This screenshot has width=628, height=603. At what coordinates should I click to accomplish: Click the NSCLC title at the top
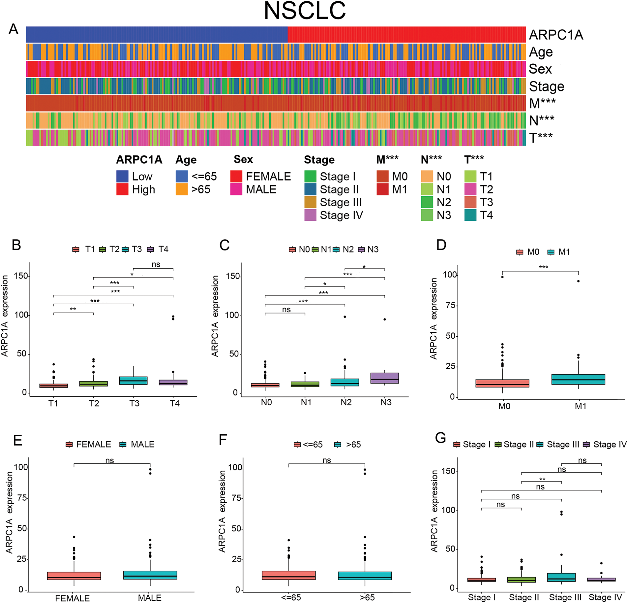click(305, 11)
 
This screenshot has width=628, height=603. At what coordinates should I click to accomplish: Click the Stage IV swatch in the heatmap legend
click(310, 215)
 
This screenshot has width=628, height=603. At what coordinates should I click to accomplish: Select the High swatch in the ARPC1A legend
click(122, 189)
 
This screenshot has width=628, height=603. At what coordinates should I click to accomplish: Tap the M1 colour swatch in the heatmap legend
click(382, 189)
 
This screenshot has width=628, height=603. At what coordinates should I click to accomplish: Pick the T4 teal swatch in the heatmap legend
click(470, 215)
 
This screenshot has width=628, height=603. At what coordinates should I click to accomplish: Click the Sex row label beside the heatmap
click(540, 69)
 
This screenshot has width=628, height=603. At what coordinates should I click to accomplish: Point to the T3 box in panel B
click(133, 381)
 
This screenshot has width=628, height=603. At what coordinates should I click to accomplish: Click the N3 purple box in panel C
click(384, 378)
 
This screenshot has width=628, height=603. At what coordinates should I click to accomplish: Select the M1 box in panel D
click(578, 379)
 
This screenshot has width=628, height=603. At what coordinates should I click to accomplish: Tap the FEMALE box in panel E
click(74, 576)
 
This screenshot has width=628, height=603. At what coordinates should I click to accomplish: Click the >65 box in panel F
click(365, 576)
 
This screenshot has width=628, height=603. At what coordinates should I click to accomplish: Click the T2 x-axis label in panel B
click(94, 403)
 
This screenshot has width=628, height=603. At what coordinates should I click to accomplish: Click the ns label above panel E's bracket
click(110, 460)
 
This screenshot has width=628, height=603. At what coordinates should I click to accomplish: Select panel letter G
click(440, 438)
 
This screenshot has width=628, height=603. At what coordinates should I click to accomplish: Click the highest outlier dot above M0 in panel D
click(502, 277)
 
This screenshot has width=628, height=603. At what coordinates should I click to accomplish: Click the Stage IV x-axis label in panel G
click(605, 597)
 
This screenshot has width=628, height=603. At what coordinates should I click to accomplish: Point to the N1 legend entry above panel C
click(322, 250)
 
